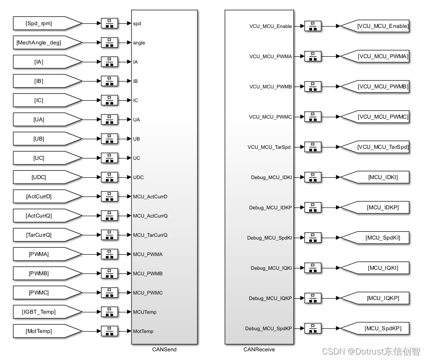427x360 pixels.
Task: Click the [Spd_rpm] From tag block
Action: (x=47, y=23)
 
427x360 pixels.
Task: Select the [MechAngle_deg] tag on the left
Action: (x=47, y=43)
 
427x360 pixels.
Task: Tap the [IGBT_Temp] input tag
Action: (x=47, y=312)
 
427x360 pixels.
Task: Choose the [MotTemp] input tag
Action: (x=47, y=331)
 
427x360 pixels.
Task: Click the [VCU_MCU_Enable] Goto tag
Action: (x=375, y=26)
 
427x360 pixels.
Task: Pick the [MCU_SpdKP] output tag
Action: (x=375, y=328)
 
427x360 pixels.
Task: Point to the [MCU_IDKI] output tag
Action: (x=375, y=177)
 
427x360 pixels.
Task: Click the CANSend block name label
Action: (x=164, y=349)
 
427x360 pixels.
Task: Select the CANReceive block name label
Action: (x=259, y=349)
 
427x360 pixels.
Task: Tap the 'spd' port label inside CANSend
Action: (x=137, y=24)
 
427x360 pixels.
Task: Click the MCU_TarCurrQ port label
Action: (x=150, y=235)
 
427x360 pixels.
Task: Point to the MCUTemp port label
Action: (x=145, y=312)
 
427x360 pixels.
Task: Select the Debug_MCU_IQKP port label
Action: (x=270, y=298)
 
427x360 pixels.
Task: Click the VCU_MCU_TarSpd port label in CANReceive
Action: (x=269, y=147)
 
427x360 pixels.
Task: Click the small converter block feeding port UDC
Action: (x=109, y=177)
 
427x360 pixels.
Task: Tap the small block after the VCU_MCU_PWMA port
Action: (x=313, y=56)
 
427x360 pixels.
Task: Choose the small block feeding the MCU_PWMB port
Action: (x=109, y=273)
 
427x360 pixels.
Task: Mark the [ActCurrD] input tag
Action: (x=47, y=196)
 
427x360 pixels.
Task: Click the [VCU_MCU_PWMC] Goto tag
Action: (x=375, y=117)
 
